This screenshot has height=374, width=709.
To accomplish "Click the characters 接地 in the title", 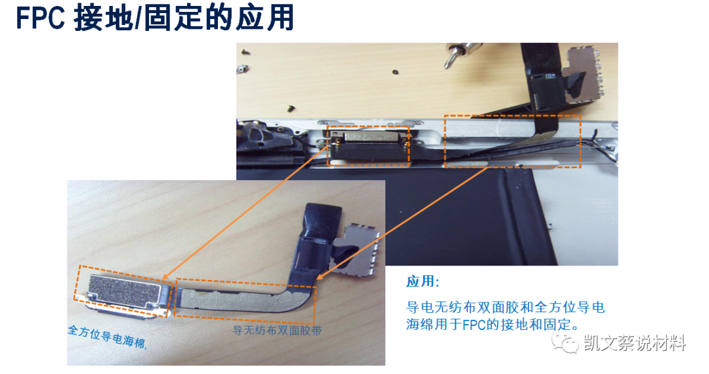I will pos(102,19).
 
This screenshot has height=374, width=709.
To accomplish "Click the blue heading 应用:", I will pos(422,282).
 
